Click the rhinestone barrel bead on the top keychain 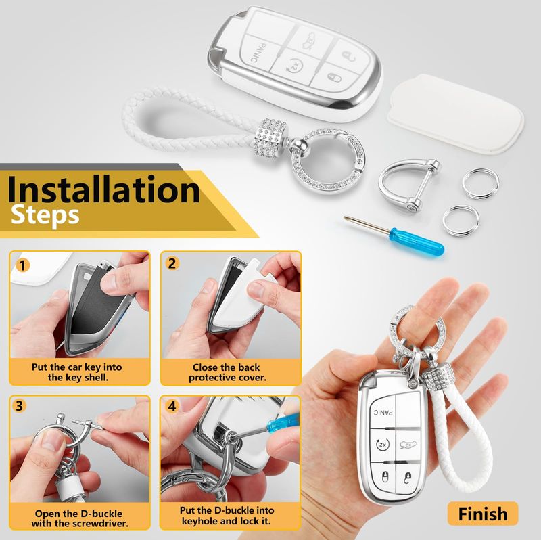270,139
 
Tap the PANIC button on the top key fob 261,53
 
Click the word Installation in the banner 103,189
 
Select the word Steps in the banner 45,215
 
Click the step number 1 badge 23,266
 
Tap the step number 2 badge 172,263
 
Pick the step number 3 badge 20,406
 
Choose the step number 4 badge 172,406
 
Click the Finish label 483,514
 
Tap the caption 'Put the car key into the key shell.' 77,372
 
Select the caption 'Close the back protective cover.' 228,372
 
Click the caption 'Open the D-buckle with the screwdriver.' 80,518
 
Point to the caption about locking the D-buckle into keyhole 227,515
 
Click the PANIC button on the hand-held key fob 383,413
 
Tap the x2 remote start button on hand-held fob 383,444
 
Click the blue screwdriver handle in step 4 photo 283,424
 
